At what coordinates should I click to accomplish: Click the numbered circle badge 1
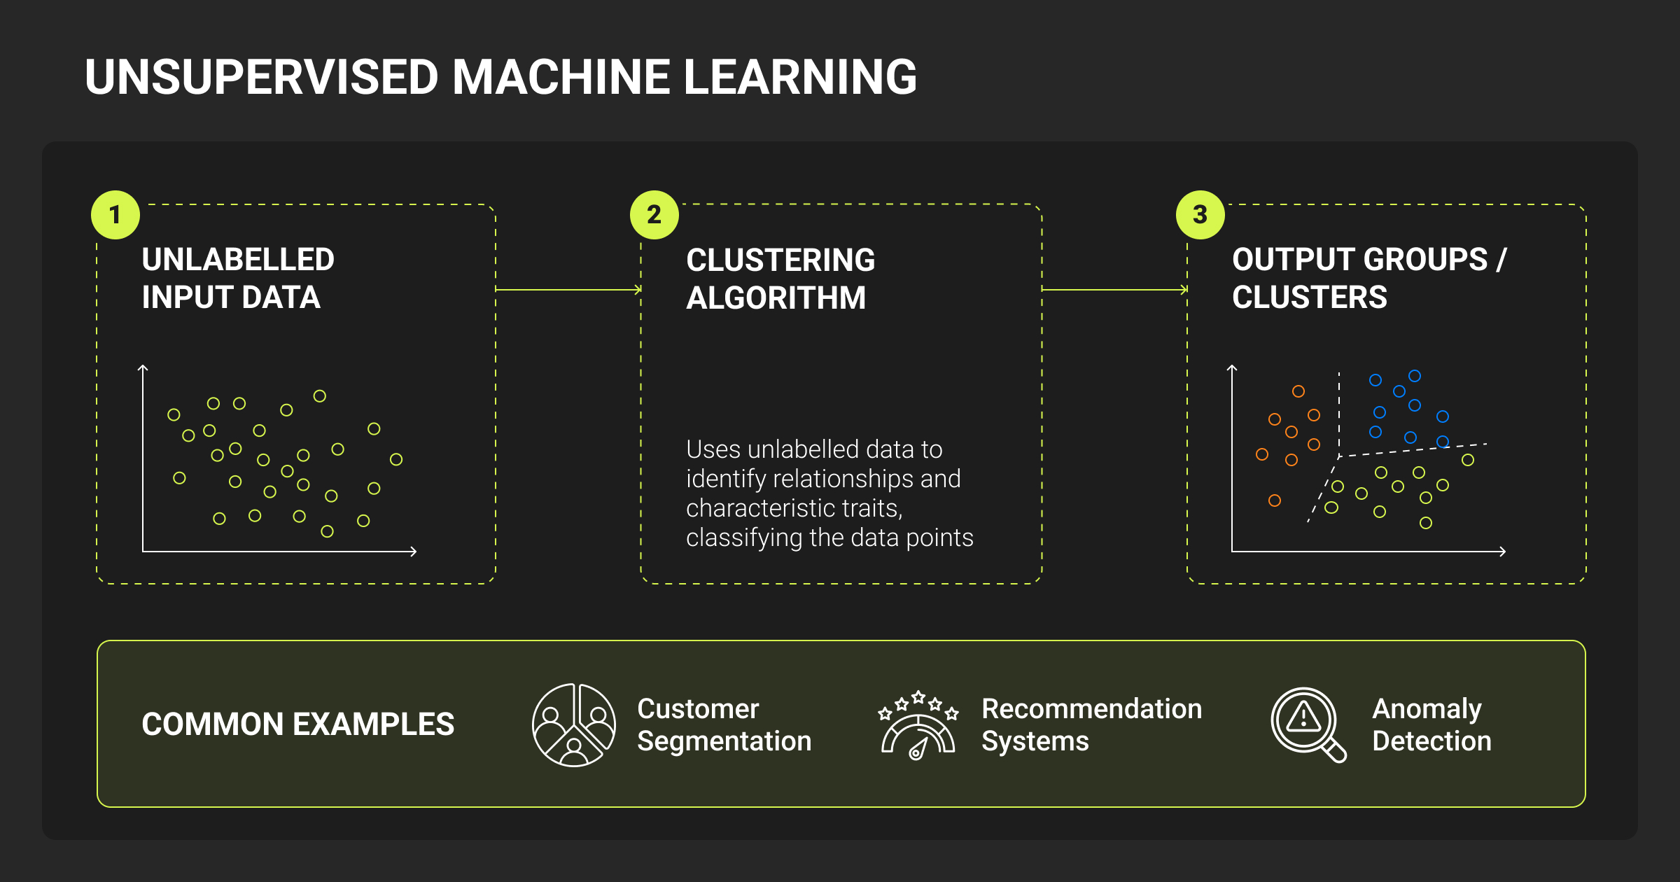[115, 215]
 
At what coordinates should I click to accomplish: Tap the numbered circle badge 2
[654, 215]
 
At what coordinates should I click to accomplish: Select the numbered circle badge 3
[1200, 215]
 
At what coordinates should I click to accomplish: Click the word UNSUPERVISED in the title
[262, 77]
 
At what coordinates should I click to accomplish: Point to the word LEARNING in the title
[799, 77]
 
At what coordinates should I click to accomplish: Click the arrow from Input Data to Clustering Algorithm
[568, 289]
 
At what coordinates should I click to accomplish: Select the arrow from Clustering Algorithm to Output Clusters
[1114, 289]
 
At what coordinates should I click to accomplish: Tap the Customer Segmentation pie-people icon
[574, 725]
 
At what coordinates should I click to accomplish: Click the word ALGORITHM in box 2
[776, 298]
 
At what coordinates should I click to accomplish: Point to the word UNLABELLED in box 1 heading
[238, 260]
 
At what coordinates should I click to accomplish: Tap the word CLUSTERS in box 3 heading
[1309, 297]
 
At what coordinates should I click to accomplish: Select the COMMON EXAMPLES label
[298, 724]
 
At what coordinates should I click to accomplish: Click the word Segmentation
[724, 741]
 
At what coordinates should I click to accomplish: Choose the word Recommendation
[1091, 709]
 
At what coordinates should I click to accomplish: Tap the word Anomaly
[1427, 709]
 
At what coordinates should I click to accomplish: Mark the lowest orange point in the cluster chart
[1275, 500]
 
